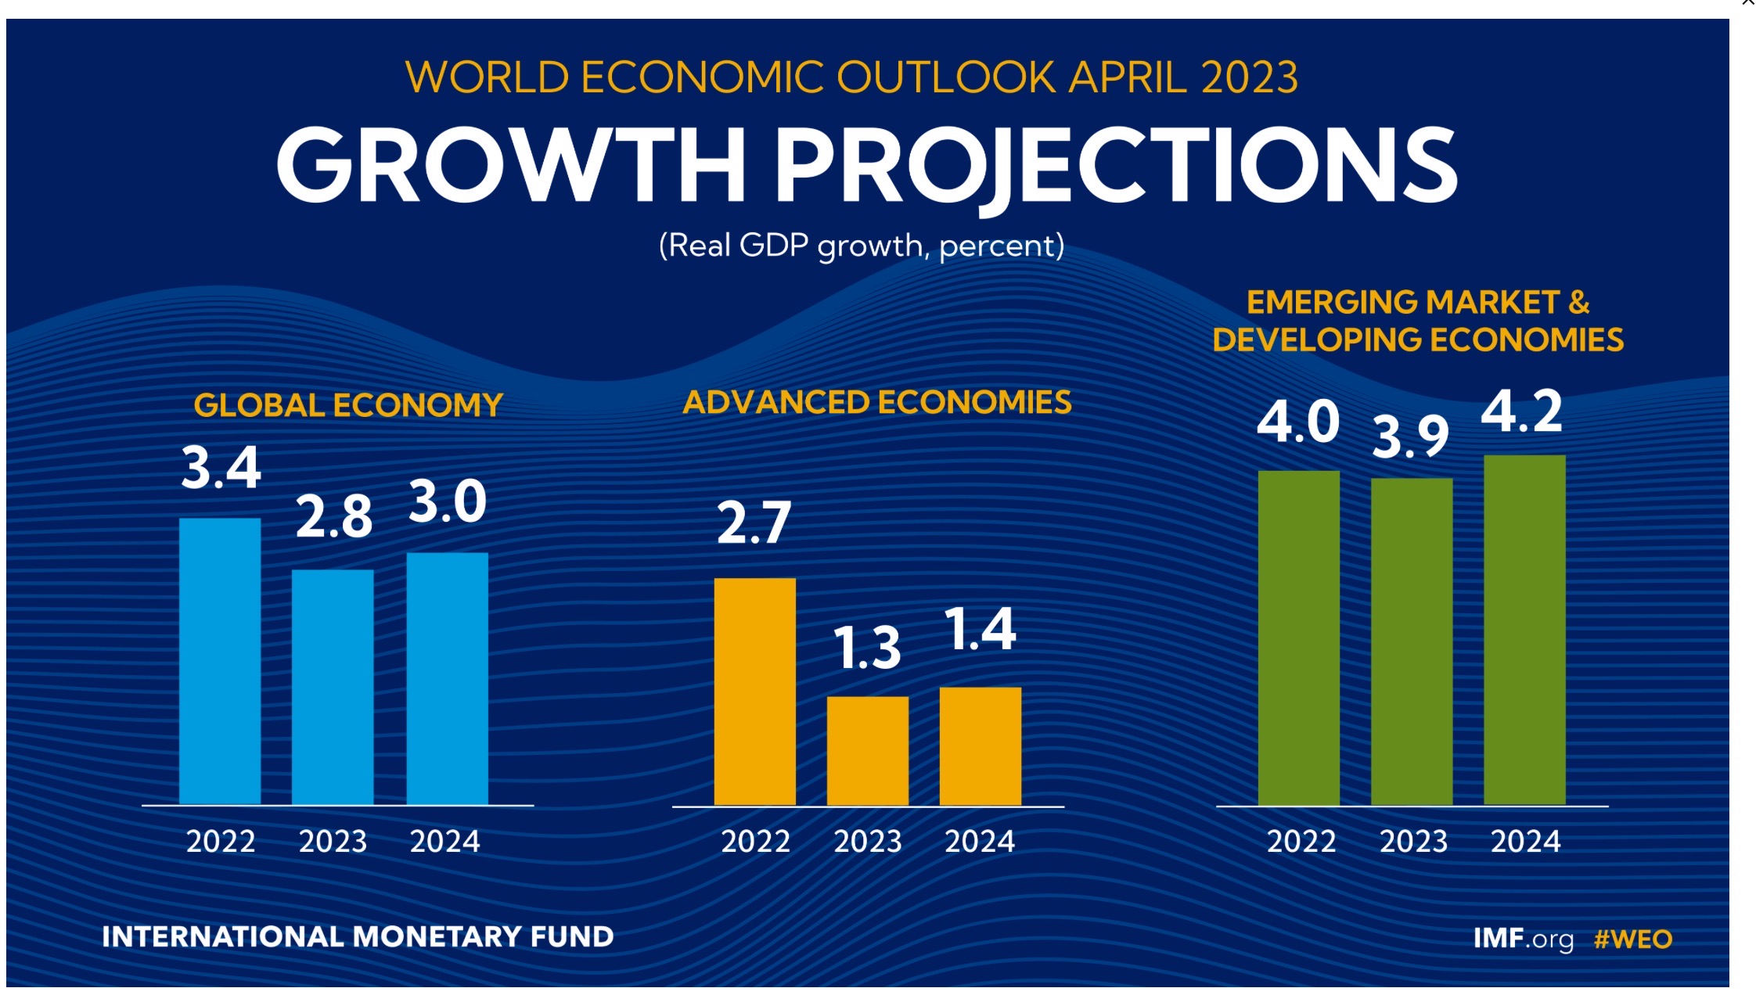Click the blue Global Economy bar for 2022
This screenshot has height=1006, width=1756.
pyautogui.click(x=220, y=661)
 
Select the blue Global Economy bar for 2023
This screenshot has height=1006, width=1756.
pyautogui.click(x=333, y=687)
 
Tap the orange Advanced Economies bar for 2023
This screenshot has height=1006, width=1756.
pyautogui.click(x=868, y=751)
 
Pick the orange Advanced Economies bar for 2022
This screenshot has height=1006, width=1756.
pyautogui.click(x=755, y=692)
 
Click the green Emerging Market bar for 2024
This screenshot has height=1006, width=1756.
pyautogui.click(x=1524, y=630)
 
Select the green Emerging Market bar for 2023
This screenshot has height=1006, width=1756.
pyautogui.click(x=1412, y=641)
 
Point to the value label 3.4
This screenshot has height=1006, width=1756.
pyautogui.click(x=221, y=468)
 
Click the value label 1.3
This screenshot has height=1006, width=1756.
pyautogui.click(x=867, y=649)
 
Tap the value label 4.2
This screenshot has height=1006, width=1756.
pyautogui.click(x=1522, y=411)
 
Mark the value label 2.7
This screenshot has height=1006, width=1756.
pyautogui.click(x=754, y=523)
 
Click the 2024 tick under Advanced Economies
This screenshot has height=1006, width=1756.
pyautogui.click(x=980, y=842)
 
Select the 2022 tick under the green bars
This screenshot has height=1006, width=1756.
pyautogui.click(x=1301, y=842)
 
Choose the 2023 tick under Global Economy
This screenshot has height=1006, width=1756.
pyautogui.click(x=333, y=842)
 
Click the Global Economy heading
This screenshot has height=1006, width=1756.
pyautogui.click(x=347, y=405)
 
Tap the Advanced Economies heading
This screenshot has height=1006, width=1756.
pyautogui.click(x=876, y=402)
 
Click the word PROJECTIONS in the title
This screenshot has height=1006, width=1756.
pyautogui.click(x=1115, y=166)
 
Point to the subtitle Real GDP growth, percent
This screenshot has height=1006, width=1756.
pyautogui.click(x=861, y=246)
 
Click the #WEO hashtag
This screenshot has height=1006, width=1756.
pyautogui.click(x=1633, y=939)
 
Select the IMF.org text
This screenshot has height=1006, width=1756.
pyautogui.click(x=1523, y=939)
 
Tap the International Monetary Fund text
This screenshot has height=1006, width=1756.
pyautogui.click(x=358, y=936)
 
